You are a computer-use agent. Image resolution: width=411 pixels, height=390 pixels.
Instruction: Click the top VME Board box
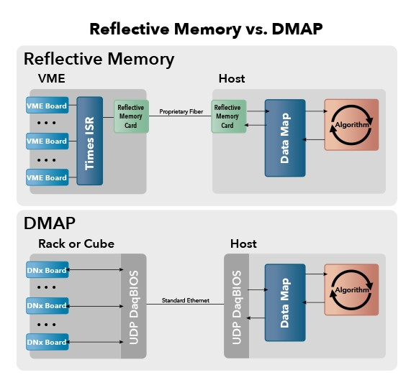coord(48,105)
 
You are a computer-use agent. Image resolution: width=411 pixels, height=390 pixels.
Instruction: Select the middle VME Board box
coord(48,141)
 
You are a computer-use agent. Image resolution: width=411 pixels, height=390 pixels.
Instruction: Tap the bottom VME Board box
coord(48,177)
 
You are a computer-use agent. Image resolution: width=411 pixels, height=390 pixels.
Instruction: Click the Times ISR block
coord(90,141)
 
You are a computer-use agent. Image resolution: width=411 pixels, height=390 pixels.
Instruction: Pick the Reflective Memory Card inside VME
coord(131,116)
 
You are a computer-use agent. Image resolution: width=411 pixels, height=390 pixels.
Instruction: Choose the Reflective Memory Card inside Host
coord(229,116)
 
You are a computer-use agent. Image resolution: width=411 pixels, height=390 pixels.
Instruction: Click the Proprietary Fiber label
coord(181,112)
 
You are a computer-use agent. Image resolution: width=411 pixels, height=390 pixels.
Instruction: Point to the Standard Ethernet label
coord(186,300)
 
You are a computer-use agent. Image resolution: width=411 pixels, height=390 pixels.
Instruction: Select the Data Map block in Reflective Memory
coord(285,138)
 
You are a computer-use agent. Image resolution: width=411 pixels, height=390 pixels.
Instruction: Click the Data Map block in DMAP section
coord(285,302)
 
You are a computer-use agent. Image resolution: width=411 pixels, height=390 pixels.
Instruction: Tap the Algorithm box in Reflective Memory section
coord(351,125)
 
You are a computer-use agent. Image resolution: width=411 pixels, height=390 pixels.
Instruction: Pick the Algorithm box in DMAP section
coord(351,289)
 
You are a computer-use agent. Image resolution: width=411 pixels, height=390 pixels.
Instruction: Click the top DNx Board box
coord(48,269)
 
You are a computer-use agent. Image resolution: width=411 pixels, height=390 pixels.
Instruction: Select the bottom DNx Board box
coord(48,342)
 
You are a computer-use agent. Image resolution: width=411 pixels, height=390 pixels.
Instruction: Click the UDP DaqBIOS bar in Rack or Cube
coord(133,306)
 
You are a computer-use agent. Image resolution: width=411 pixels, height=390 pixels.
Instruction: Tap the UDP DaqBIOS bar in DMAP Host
coord(236,306)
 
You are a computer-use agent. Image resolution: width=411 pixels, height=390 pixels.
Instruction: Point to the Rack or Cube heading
coord(76,243)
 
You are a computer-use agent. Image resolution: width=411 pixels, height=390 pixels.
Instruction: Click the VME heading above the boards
coord(51,78)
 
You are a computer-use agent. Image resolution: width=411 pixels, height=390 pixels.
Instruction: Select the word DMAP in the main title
coord(297,29)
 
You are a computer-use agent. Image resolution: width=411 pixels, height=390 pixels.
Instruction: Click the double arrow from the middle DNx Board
coord(94,306)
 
